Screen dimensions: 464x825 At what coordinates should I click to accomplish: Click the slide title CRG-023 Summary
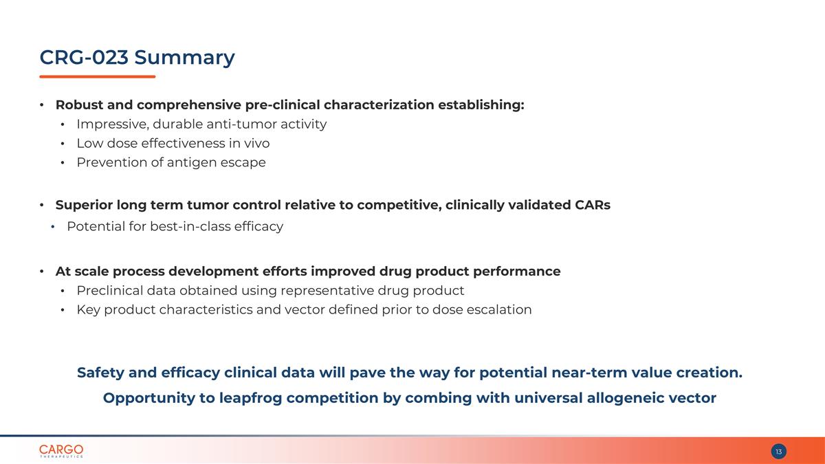[137, 58]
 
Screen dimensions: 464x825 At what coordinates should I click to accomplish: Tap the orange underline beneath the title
[97, 76]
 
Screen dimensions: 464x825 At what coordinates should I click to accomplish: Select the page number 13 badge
[778, 452]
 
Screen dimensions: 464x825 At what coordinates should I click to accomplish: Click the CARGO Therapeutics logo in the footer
[61, 451]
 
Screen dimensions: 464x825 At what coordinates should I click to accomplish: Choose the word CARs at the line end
[592, 206]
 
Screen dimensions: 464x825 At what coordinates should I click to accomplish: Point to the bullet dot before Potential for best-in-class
[54, 227]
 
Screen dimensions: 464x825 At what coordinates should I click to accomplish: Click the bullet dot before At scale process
[42, 272]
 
